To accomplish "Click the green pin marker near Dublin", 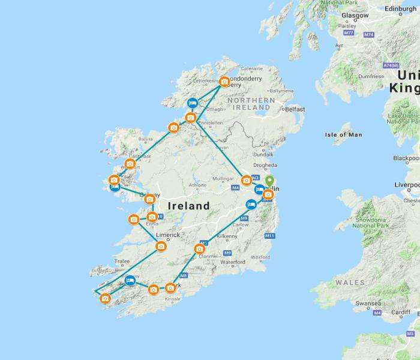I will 269,182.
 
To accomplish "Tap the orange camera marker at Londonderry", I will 224,82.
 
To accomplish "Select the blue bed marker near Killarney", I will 130,280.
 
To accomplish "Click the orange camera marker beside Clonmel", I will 200,249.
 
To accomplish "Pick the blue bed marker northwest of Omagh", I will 193,103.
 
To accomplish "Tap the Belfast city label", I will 295,109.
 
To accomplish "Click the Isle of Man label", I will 343,134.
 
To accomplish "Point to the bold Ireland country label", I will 188,206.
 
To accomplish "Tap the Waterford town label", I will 232,262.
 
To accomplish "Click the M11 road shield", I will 269,236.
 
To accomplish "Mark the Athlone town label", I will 197,185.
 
